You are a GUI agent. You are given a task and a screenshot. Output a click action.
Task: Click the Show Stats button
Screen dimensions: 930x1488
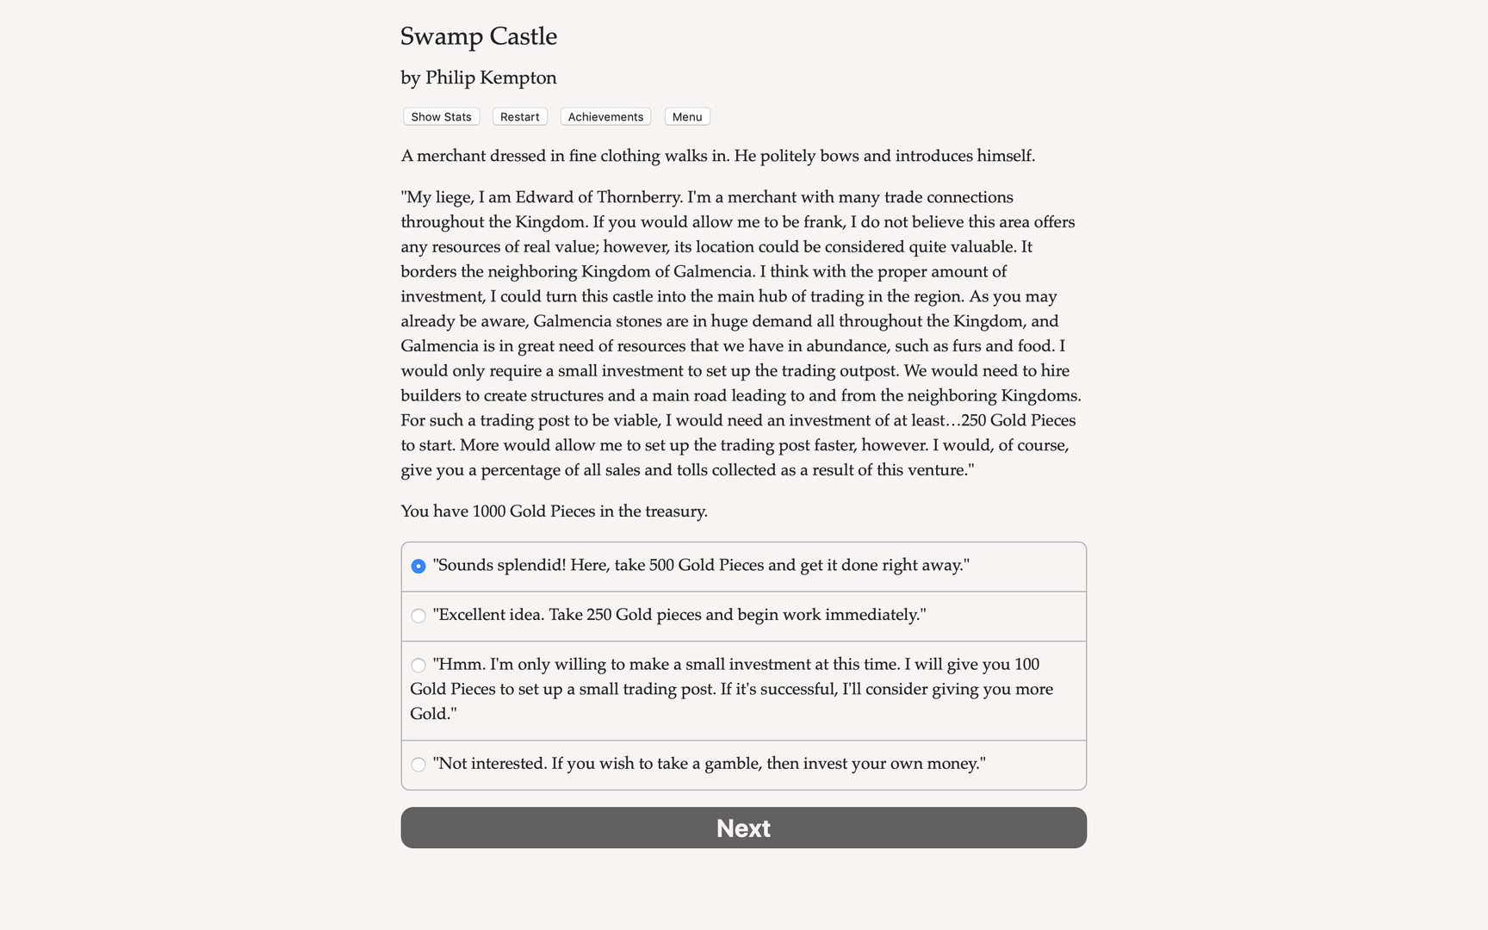click(441, 117)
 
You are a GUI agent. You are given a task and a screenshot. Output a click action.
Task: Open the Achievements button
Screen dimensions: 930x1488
click(605, 117)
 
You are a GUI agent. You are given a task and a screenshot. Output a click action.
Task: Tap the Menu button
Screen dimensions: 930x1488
click(687, 117)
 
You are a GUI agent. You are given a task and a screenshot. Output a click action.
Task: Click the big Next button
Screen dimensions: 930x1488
click(743, 828)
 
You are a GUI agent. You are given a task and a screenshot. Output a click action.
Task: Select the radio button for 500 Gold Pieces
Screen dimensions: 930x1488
click(418, 566)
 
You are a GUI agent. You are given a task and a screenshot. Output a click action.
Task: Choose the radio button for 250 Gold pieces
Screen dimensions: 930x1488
click(418, 616)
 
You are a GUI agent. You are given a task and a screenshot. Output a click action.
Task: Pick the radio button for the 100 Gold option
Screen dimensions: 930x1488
click(418, 665)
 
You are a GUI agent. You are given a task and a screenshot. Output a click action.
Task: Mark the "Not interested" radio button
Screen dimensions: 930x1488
click(418, 765)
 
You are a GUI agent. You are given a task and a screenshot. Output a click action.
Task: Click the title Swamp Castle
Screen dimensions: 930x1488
click(479, 36)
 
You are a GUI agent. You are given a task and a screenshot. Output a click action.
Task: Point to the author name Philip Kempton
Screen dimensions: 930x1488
click(491, 77)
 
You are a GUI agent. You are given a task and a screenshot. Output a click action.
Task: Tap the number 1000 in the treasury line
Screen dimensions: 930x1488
click(488, 512)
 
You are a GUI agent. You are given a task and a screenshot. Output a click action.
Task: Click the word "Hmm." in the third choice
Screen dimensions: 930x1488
click(459, 665)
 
